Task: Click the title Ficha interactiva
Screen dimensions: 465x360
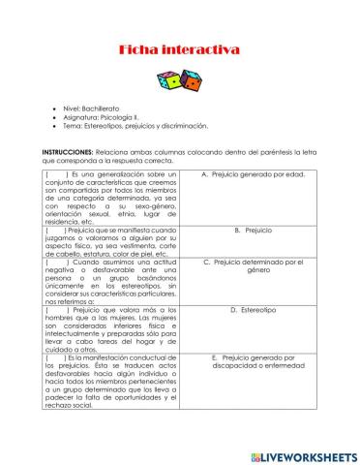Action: pos(179,49)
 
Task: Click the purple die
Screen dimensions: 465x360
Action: pos(170,78)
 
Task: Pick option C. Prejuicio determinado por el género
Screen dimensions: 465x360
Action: pos(253,265)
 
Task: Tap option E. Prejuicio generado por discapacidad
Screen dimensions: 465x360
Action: pos(253,362)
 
